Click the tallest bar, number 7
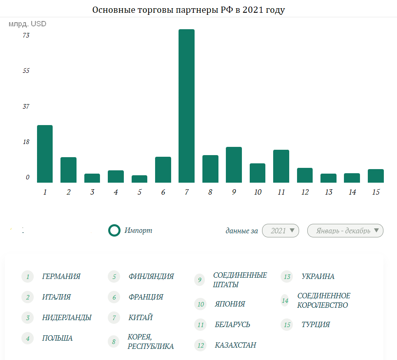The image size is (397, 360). [186, 106]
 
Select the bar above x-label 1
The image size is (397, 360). [45, 154]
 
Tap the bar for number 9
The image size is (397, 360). [234, 165]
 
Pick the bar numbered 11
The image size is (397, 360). [281, 166]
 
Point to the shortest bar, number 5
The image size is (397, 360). [139, 179]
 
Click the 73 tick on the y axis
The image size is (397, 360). [26, 35]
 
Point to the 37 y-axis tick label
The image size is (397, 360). [26, 106]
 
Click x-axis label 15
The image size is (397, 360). [375, 192]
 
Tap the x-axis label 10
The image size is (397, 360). [258, 192]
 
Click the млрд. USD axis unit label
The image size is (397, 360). [28, 24]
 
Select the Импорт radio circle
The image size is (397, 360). [114, 230]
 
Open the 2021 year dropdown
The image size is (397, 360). [281, 231]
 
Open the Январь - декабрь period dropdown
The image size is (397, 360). [345, 231]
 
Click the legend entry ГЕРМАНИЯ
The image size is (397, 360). [61, 276]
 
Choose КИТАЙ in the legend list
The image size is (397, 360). [141, 318]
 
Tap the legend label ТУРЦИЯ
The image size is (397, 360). [316, 325]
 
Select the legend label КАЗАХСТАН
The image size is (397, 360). [235, 345]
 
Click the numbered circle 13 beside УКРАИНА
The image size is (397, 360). [287, 277]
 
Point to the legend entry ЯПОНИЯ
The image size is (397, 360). [230, 304]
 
